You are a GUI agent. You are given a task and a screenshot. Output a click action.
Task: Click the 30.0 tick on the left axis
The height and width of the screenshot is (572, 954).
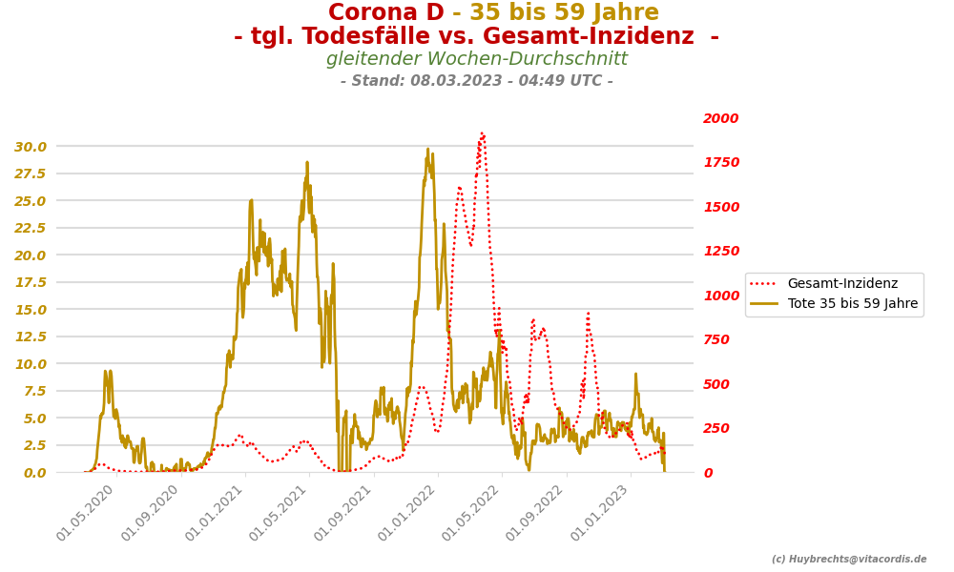pos(30,147)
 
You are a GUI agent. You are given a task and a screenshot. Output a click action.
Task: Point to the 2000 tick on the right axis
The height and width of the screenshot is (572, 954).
pos(720,119)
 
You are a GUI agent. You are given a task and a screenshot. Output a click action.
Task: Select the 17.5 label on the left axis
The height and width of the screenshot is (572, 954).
pos(30,282)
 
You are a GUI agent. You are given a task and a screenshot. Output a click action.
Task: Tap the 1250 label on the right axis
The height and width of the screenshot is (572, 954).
pos(720,252)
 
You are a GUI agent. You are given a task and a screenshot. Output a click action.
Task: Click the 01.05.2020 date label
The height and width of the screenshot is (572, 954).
pos(87,513)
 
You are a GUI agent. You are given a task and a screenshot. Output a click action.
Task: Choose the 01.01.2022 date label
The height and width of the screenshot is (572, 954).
pos(407,513)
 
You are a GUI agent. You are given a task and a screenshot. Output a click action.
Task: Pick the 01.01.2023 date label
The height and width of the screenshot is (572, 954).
pos(600,513)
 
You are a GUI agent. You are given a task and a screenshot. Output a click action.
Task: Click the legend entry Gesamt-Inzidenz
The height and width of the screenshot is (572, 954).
pos(842,284)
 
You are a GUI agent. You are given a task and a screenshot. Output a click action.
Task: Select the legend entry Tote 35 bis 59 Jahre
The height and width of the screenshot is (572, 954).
pos(852,304)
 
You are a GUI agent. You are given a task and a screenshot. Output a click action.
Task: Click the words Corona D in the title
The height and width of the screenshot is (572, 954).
pos(385,13)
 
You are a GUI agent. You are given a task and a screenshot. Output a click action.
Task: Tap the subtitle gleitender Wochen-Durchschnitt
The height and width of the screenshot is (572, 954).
pos(477,59)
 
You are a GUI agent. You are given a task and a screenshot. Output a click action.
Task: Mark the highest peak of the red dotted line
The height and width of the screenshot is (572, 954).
pos(482,133)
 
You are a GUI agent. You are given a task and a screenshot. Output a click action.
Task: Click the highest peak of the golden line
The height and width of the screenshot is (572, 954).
pos(428,149)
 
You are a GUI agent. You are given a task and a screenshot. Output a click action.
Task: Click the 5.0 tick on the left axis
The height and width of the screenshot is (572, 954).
pos(33,418)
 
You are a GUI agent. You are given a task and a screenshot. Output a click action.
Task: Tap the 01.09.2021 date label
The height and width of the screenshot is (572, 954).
pos(343,513)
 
